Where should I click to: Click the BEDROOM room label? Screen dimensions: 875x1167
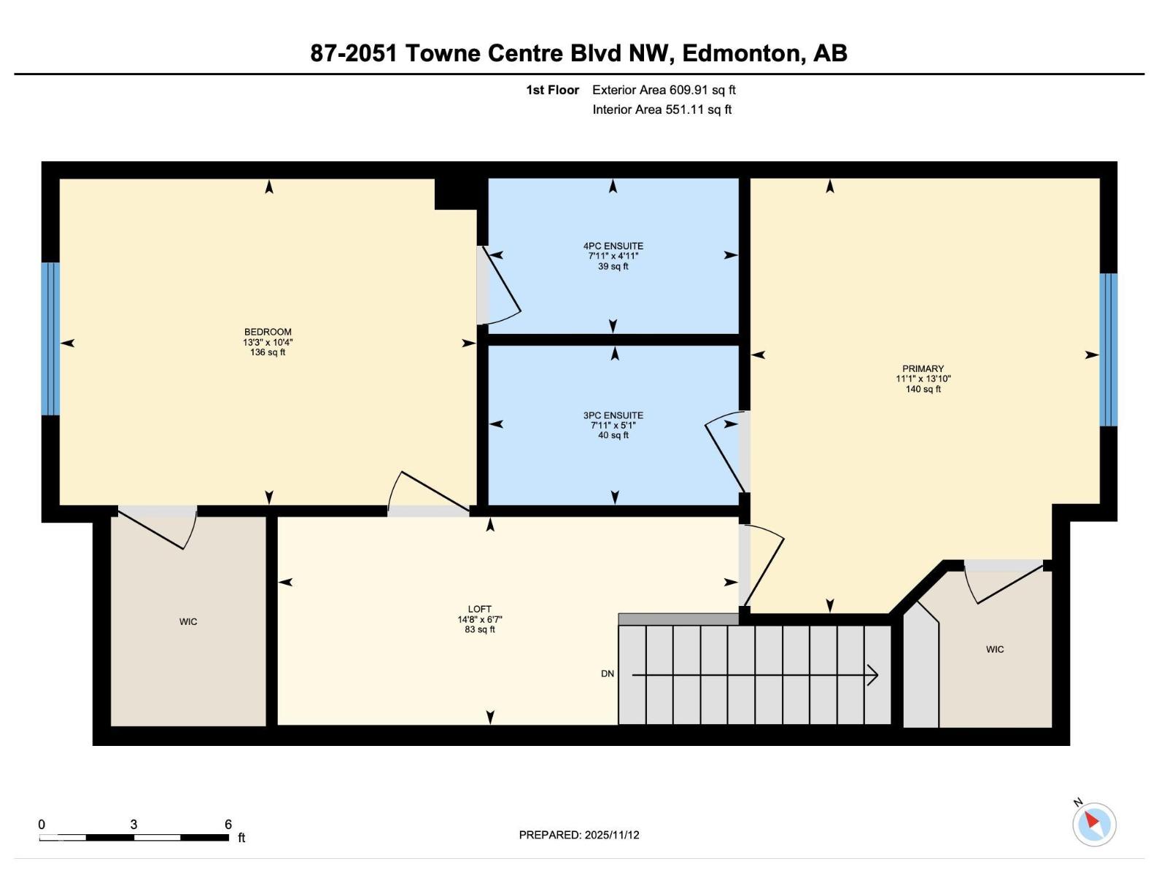[268, 332]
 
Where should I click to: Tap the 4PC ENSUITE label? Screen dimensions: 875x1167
[613, 246]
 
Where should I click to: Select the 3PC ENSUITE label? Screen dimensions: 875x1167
[613, 416]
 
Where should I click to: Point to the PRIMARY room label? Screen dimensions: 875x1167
[923, 369]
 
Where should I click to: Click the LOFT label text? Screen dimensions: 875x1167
[479, 610]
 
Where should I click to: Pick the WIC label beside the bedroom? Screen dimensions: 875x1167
[188, 622]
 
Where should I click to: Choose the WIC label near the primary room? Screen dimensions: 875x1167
[995, 650]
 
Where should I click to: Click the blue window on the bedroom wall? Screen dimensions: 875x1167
[50, 339]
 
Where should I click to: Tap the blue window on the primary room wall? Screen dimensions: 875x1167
[1108, 350]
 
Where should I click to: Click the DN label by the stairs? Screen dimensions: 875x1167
[608, 674]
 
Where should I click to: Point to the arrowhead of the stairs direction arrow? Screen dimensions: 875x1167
[873, 675]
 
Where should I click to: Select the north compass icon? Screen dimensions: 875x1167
[1093, 824]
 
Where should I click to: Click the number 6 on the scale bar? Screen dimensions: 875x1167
[228, 825]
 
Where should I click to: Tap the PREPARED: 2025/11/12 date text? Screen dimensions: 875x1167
[579, 835]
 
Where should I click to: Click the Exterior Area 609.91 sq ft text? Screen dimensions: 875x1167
[664, 90]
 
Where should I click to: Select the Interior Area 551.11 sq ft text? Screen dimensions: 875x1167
[662, 110]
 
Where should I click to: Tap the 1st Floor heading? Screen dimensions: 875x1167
[552, 90]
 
